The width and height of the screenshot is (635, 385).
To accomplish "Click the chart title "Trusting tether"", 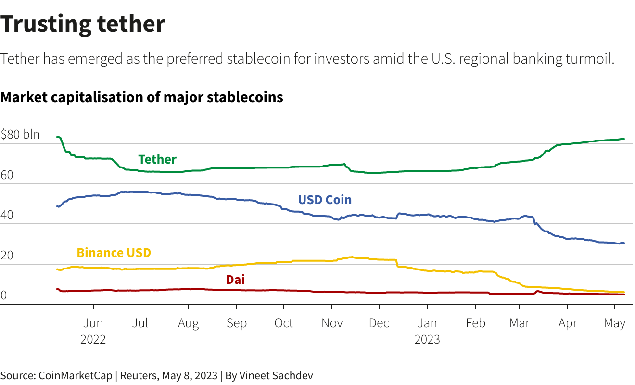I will pyautogui.click(x=83, y=24).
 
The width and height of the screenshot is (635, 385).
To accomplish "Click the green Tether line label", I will pyautogui.click(x=157, y=159).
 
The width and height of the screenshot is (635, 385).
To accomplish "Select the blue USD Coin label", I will pyautogui.click(x=325, y=199).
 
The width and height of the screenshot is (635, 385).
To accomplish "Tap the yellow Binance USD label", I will pyautogui.click(x=114, y=253).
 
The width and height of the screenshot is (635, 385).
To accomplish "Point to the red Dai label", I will pyautogui.click(x=235, y=280).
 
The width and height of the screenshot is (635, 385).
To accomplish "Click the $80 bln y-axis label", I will pyautogui.click(x=20, y=135).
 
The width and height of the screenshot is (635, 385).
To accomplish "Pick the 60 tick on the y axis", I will pyautogui.click(x=7, y=175).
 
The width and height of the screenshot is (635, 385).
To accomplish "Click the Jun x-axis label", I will pyautogui.click(x=93, y=323).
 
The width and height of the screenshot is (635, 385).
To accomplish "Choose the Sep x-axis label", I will pyautogui.click(x=236, y=323).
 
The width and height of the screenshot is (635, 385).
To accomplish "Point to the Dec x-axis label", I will pyautogui.click(x=379, y=323).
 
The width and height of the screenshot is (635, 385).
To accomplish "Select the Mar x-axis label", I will pyautogui.click(x=520, y=323).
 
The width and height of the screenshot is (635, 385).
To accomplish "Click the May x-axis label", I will pyautogui.click(x=615, y=323).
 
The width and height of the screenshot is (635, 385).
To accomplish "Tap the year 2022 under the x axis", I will pyautogui.click(x=93, y=339).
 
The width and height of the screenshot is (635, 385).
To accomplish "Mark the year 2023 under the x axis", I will pyautogui.click(x=427, y=339).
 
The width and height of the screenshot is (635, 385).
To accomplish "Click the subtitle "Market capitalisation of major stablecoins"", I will pyautogui.click(x=142, y=97).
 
